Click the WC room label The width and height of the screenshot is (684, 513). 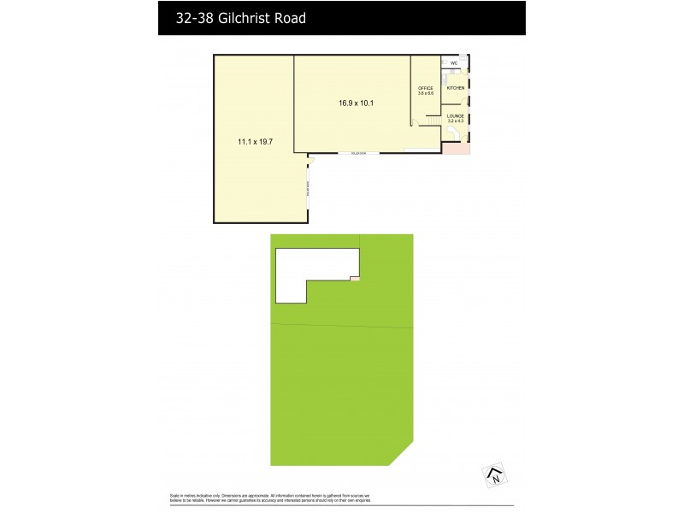click(x=454, y=63)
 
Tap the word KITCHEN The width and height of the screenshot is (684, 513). click(x=455, y=88)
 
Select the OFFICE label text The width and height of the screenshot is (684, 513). click(x=426, y=88)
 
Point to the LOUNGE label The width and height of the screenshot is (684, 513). click(x=455, y=115)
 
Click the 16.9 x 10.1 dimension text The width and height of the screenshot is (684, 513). click(x=357, y=103)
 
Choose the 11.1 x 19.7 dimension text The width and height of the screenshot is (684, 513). click(x=255, y=142)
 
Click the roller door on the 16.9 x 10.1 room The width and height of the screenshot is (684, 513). click(x=351, y=153)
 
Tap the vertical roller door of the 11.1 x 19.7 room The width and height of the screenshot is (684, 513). click(x=308, y=189)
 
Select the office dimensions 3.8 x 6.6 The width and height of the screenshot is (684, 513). click(x=426, y=93)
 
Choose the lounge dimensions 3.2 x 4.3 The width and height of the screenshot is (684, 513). click(x=455, y=121)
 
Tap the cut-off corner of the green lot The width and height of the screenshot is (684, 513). click(x=401, y=454)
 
